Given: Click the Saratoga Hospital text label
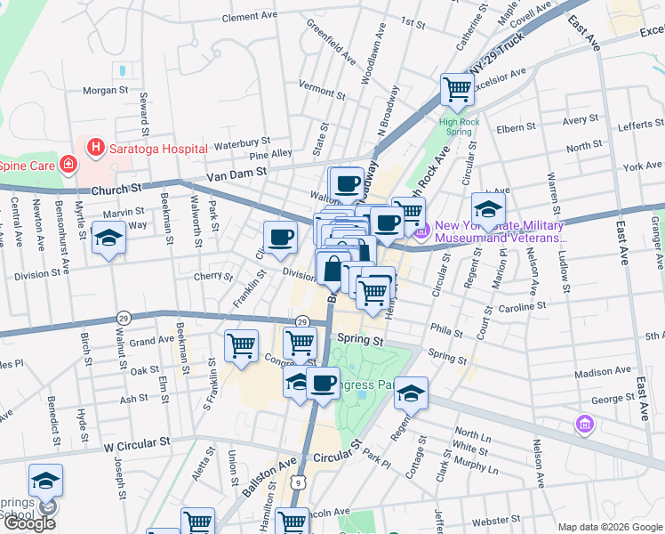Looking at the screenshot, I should (x=158, y=148).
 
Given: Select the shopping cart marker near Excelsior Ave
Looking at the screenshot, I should (x=457, y=89).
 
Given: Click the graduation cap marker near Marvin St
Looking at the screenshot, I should (x=108, y=239).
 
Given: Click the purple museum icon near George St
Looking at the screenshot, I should (x=584, y=425).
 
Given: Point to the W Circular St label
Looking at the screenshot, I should (x=136, y=442).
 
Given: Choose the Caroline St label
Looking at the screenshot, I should (x=522, y=306).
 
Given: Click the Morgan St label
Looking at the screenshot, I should (x=106, y=90).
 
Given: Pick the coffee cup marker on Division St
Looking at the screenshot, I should (x=281, y=237).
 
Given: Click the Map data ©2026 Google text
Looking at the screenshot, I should (x=609, y=527).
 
